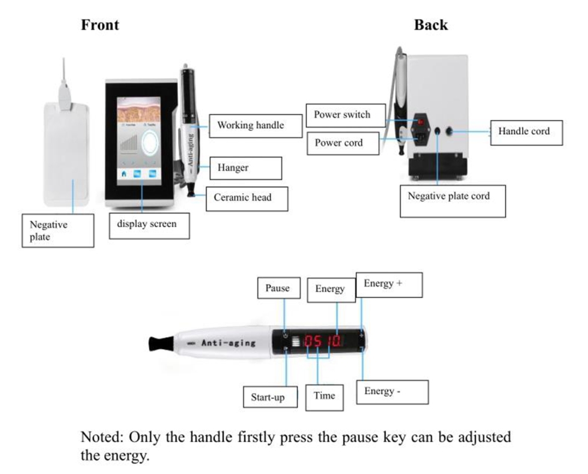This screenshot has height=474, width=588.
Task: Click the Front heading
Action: coord(100,25)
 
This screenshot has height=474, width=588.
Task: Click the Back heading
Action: coord(430,25)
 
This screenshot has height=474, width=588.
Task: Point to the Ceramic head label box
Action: coord(246,198)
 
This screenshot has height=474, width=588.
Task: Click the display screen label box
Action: coord(149,225)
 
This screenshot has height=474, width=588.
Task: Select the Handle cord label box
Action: coord(527,131)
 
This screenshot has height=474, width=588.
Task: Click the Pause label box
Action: coord(278,288)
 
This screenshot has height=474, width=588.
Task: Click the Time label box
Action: coord(324,396)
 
